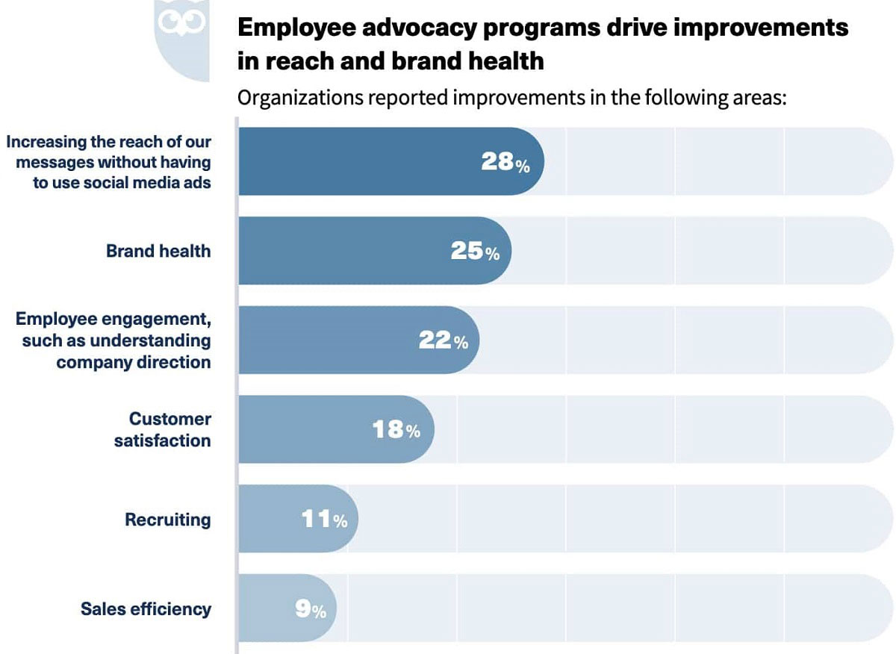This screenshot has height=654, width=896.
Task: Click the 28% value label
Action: pyautogui.click(x=505, y=162)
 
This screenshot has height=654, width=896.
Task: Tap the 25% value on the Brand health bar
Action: pyautogui.click(x=475, y=252)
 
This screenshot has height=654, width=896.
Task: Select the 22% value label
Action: pyautogui.click(x=444, y=340)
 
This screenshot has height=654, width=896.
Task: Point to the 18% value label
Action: pyautogui.click(x=396, y=430)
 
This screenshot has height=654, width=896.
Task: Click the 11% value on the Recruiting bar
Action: pyautogui.click(x=324, y=520)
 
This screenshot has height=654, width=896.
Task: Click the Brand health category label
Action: pyautogui.click(x=158, y=251)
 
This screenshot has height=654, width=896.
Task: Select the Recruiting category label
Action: pyautogui.click(x=168, y=520)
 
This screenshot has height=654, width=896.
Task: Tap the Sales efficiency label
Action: pyautogui.click(x=146, y=609)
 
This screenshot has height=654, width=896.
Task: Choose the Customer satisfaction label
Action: pyautogui.click(x=163, y=429)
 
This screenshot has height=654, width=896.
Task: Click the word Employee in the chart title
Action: pyautogui.click(x=287, y=28)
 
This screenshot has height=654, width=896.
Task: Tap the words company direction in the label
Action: pyautogui.click(x=134, y=362)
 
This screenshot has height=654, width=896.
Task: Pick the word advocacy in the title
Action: pyautogui.click(x=396, y=28)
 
